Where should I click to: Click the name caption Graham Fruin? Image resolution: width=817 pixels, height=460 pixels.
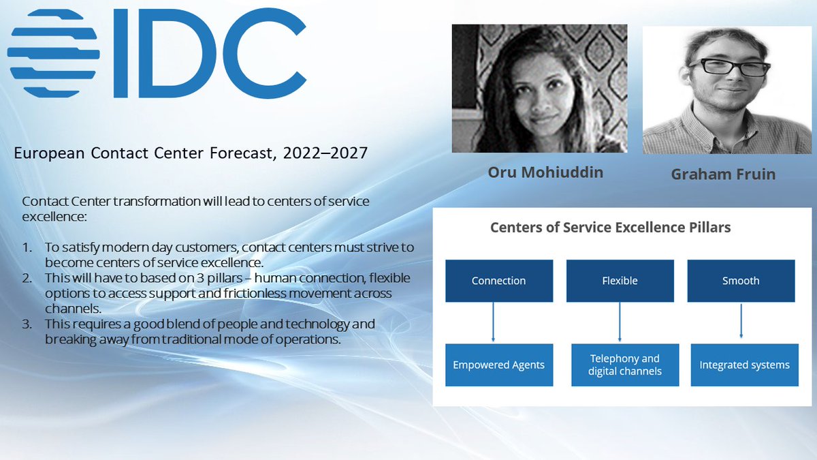point(723,174)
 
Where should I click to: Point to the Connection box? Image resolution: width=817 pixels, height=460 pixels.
point(498,281)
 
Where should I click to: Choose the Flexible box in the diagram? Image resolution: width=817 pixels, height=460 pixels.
point(620,281)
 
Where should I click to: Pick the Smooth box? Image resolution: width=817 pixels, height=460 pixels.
point(741,281)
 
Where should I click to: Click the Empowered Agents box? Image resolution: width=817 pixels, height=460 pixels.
point(498,365)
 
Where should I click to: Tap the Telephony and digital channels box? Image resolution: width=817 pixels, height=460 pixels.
point(624,365)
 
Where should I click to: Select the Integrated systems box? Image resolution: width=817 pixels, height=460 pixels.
point(744,365)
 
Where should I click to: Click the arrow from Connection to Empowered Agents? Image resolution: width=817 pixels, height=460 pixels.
point(493,321)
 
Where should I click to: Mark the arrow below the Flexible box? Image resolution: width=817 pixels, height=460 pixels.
point(620,321)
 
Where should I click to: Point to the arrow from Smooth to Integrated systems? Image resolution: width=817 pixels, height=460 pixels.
point(741,320)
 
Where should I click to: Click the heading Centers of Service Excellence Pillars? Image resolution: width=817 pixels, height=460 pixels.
point(610,228)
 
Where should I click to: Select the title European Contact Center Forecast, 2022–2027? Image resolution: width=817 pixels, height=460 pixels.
point(191,154)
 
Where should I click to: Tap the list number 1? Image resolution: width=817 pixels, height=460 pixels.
point(27,247)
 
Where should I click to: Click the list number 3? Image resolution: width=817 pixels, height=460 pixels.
point(27,324)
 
